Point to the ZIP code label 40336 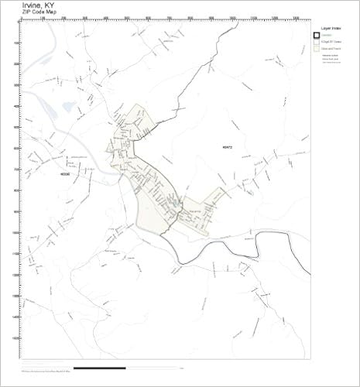pos(63,174)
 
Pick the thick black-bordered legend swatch pos(316,34)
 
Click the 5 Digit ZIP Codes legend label pos(332,42)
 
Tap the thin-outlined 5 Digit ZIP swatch pos(316,42)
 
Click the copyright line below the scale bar pos(54,375)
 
